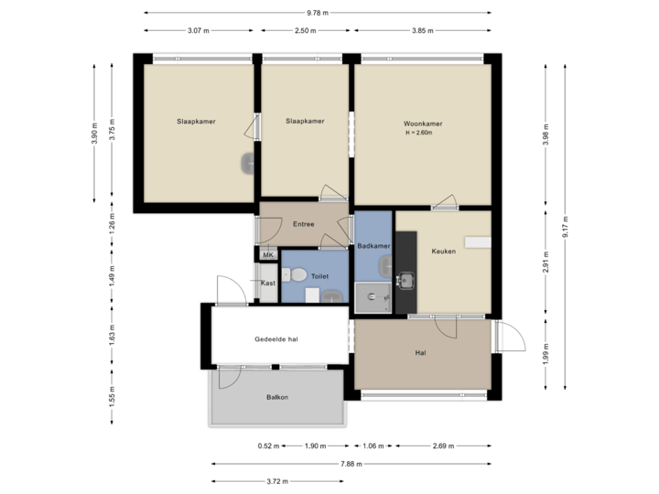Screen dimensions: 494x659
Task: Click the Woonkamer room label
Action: (x=423, y=123)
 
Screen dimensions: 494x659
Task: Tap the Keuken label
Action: (x=443, y=251)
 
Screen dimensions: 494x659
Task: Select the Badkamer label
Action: (x=374, y=247)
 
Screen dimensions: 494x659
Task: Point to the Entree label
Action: (x=303, y=224)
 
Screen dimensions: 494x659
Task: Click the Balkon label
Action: (x=276, y=397)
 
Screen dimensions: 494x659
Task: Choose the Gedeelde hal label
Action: (x=276, y=339)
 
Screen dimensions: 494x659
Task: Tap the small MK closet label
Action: (x=268, y=254)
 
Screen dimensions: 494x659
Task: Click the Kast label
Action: (x=267, y=284)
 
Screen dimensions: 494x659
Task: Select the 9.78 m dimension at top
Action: (x=318, y=13)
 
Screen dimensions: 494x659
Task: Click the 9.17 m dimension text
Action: (x=565, y=226)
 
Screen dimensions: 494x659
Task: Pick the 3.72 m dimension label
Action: (x=277, y=481)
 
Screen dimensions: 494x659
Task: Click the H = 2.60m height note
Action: (x=417, y=134)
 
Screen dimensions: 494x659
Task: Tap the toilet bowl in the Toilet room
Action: (x=297, y=275)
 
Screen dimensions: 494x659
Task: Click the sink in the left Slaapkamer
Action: (x=247, y=164)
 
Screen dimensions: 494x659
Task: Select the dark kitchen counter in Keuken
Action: (x=406, y=270)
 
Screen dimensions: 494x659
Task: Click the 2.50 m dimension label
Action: (x=305, y=30)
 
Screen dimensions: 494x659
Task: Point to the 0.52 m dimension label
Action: (x=268, y=446)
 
